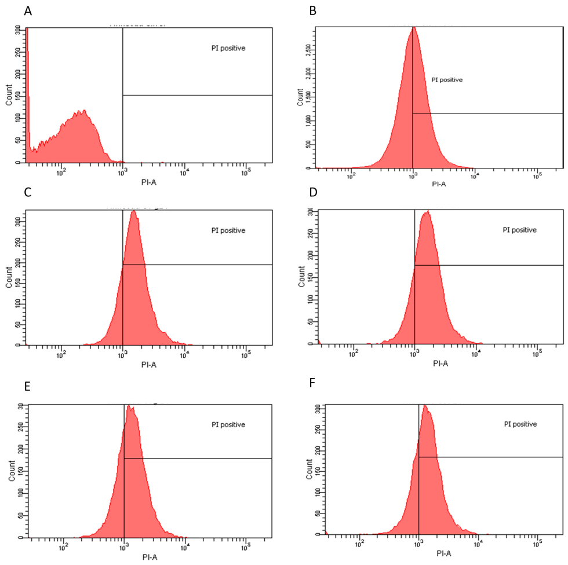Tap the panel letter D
314,195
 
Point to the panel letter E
27,385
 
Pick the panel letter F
313,385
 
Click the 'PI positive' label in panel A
228,48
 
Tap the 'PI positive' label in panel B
447,80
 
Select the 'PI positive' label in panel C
228,230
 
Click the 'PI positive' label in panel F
520,424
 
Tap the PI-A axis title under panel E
149,557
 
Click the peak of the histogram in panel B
414,27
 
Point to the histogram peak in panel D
427,212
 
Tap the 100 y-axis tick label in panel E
21,492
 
